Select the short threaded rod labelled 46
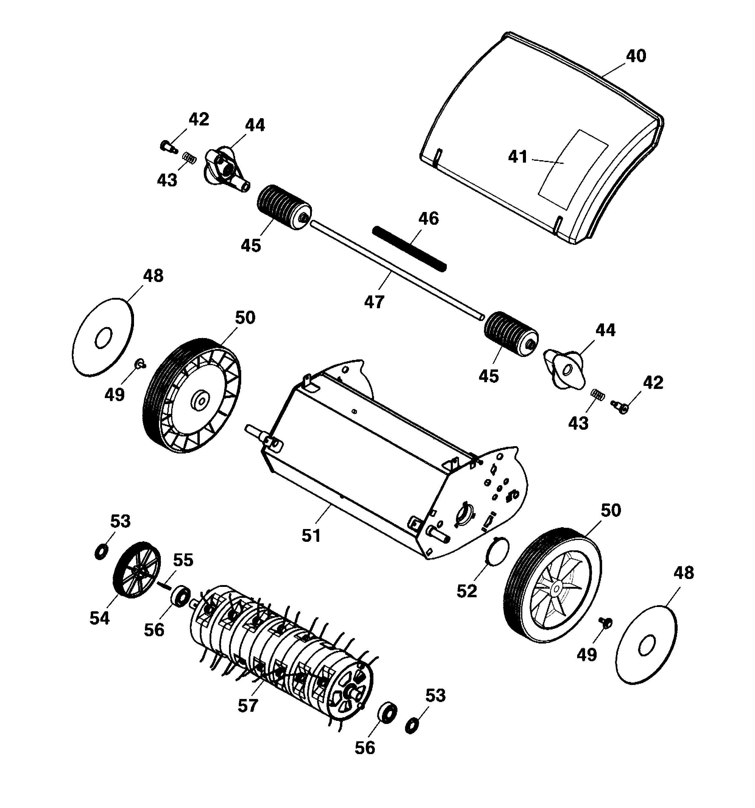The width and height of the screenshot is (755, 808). point(410,249)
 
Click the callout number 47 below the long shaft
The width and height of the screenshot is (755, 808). point(374,302)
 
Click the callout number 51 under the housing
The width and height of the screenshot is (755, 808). point(311,536)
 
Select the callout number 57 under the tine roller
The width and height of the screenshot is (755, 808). point(248,706)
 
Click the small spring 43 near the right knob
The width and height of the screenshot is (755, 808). point(597,394)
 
